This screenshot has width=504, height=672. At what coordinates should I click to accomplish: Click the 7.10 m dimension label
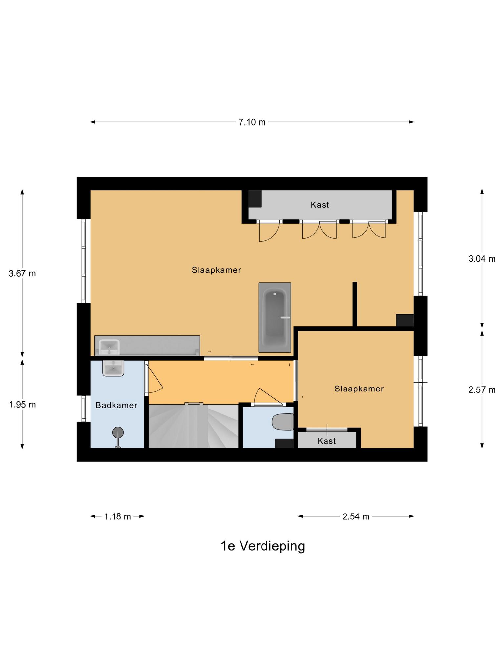[x=252, y=122]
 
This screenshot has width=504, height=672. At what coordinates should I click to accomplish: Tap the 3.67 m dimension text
[x=22, y=273]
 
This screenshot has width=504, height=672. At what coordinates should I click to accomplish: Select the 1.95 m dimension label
[x=22, y=405]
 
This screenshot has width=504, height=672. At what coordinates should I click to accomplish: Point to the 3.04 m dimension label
[x=482, y=259]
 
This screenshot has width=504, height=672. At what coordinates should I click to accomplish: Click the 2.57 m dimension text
[x=482, y=390]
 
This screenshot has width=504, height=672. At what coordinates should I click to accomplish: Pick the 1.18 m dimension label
[x=117, y=517]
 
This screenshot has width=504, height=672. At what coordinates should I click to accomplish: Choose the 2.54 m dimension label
[x=356, y=517]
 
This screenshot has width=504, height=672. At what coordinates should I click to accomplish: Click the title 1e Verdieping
[x=262, y=546]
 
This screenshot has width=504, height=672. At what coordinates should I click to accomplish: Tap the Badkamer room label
[x=116, y=406]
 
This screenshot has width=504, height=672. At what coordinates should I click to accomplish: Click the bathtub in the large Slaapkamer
[x=275, y=317]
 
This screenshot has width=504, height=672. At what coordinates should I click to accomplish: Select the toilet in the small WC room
[x=283, y=422]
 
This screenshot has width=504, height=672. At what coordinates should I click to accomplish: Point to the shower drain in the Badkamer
[x=118, y=433]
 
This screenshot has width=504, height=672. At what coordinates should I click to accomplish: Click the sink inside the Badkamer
[x=113, y=368]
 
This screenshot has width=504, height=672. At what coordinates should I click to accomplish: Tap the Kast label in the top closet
[x=320, y=205]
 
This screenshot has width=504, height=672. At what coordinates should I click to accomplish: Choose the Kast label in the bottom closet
[x=326, y=441]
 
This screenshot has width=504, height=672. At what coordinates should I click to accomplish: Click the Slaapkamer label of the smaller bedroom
[x=359, y=389]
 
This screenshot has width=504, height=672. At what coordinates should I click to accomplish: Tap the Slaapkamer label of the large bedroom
[x=216, y=270]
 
